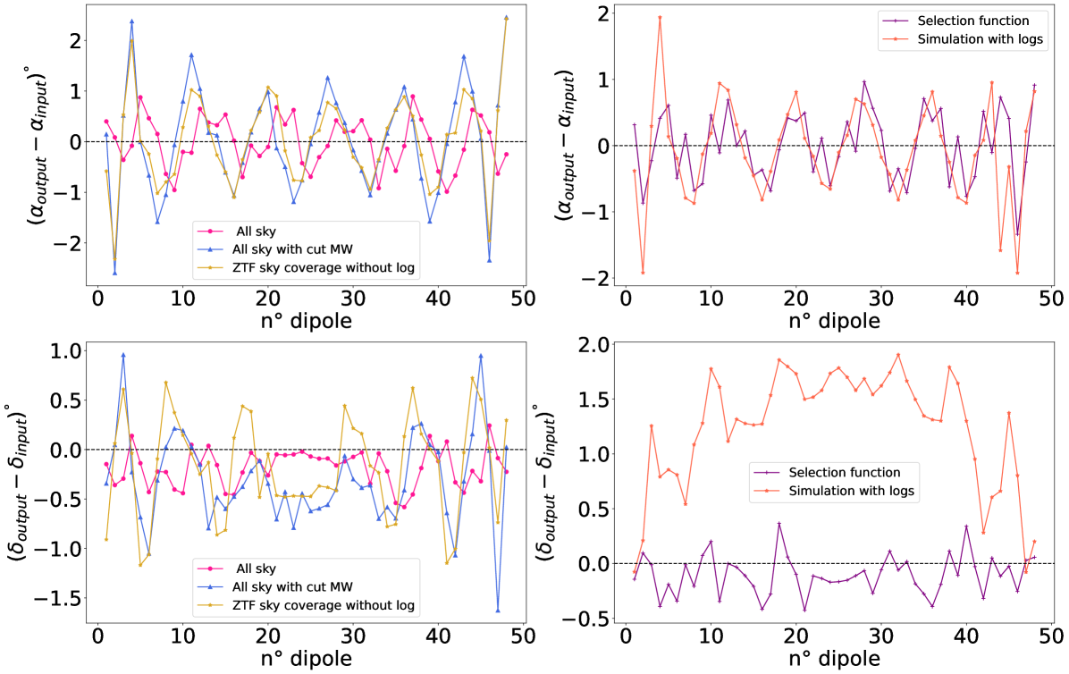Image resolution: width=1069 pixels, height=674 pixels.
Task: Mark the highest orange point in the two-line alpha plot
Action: coord(660,17)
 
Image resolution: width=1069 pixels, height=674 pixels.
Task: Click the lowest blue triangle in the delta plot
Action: coord(498,611)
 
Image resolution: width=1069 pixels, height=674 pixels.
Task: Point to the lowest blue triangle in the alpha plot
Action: coord(114,273)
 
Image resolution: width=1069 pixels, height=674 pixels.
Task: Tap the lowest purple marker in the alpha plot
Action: coord(1017,234)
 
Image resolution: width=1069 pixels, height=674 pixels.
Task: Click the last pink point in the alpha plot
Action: coord(507,154)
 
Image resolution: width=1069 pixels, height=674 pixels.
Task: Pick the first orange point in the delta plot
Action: coord(635,572)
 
